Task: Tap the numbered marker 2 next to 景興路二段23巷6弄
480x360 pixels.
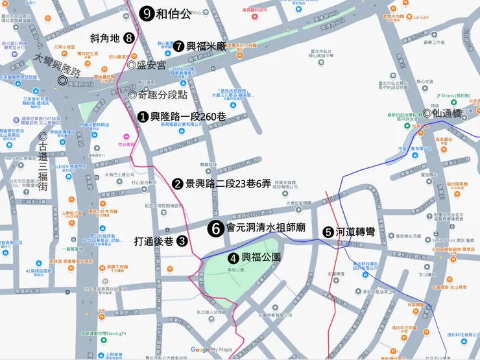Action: click(x=177, y=184)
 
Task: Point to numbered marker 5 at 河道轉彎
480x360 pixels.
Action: click(x=329, y=232)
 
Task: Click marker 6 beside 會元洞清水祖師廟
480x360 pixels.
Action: click(x=217, y=228)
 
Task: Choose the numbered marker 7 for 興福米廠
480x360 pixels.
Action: click(x=178, y=46)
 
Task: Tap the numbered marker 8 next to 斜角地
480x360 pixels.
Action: click(x=130, y=38)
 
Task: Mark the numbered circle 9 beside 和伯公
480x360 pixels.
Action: click(x=147, y=13)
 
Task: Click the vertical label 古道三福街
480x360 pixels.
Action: click(x=43, y=167)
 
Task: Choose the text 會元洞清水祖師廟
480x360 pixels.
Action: click(x=267, y=228)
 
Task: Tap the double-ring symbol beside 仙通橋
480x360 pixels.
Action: click(x=427, y=112)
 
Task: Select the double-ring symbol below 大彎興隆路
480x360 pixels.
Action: click(x=62, y=80)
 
